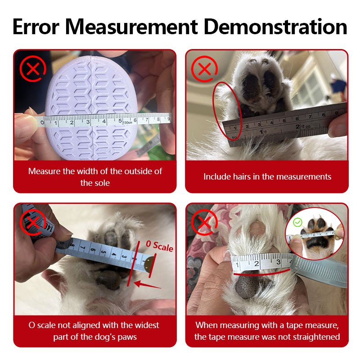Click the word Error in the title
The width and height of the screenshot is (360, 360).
[x=36, y=27]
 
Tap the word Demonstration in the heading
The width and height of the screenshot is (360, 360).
[x=275, y=27]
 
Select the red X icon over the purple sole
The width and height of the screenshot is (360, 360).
[x=33, y=68]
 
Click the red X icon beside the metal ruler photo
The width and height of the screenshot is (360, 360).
[x=204, y=69]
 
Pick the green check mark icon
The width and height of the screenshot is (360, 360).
[x=298, y=222]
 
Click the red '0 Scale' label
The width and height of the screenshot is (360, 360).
[x=160, y=247]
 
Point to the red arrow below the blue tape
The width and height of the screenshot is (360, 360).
[x=148, y=285]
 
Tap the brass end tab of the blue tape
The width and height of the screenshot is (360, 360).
[x=149, y=263]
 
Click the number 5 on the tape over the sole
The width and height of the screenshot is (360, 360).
[x=120, y=121]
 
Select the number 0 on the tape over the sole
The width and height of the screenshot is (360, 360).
[x=42, y=122]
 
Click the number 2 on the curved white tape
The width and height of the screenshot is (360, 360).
[x=256, y=263]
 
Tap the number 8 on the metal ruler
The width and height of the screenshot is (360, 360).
[x=323, y=115]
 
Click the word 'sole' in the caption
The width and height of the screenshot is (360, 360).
[x=102, y=183]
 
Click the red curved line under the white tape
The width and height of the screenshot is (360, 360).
[x=262, y=274]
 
